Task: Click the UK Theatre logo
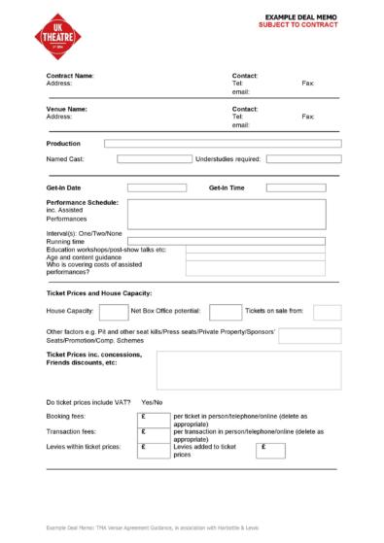52,36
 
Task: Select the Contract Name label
70,76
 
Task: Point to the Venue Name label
67,109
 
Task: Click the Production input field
223,143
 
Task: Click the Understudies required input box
303,158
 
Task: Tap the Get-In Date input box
157,187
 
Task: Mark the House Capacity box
114,312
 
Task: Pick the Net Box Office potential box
225,312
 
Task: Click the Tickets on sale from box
327,312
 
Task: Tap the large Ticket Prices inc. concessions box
248,370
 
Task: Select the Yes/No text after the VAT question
152,401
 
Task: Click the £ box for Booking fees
156,418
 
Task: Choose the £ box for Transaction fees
156,432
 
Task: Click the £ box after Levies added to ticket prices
270,449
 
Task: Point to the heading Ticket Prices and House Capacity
99,292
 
